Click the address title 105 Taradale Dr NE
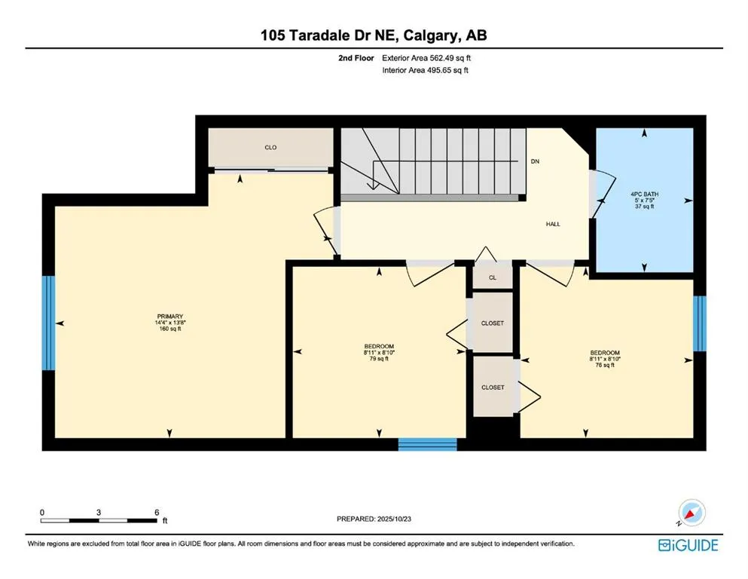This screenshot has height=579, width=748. coord(374,36)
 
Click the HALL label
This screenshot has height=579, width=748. coord(553,224)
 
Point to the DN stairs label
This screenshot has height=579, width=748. coord(535,161)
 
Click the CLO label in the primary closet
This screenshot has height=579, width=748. coord(270,148)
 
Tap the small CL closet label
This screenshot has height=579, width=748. coord(493,277)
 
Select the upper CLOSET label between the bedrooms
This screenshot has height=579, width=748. coord(492,323)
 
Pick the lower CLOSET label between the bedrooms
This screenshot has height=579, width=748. coord(492,387)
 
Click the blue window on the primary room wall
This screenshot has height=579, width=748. coord(48,323)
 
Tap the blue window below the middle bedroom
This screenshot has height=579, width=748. coord(427,444)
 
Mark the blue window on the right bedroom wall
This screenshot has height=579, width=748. coord(699,323)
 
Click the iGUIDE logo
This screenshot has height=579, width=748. coord(687,544)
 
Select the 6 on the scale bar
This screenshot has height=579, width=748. coord(157,512)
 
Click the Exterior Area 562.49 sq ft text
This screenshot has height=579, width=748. coord(428,57)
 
